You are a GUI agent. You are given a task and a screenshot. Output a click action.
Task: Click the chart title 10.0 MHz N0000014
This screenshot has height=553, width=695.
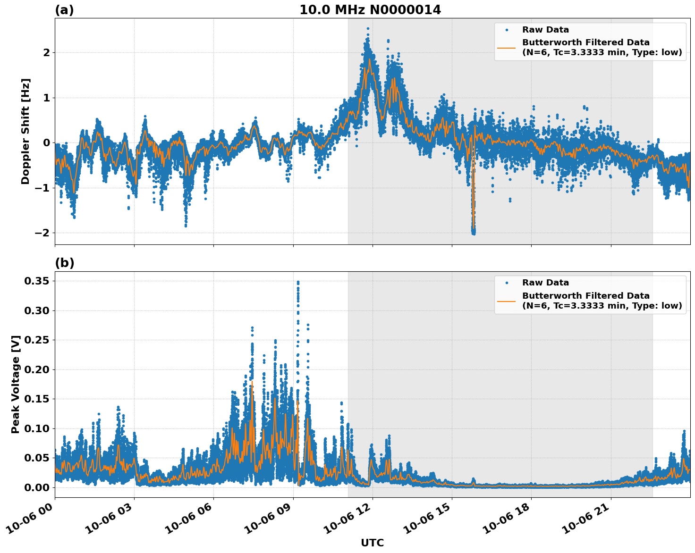pyautogui.click(x=370, y=10)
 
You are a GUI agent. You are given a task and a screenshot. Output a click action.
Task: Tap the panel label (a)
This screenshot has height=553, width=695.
pyautogui.click(x=64, y=10)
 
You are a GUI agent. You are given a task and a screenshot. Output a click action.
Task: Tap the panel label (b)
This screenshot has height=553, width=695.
pyautogui.click(x=65, y=263)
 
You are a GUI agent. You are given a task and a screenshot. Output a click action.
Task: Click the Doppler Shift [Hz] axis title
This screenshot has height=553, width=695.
pyautogui.click(x=25, y=131)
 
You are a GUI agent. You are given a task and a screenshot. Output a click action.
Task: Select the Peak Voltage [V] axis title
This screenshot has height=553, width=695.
pyautogui.click(x=16, y=385)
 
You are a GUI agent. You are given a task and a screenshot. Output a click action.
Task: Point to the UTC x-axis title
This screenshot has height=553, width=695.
pyautogui.click(x=372, y=543)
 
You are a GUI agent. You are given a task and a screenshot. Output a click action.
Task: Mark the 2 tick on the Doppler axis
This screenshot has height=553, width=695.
pyautogui.click(x=46, y=52)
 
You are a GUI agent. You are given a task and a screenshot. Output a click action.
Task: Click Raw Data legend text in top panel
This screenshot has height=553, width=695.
pyautogui.click(x=545, y=30)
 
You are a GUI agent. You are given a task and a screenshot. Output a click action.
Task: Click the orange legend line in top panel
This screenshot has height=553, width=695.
pyautogui.click(x=506, y=47)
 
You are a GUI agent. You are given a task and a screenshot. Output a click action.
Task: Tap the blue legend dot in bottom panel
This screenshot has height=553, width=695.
pyautogui.click(x=506, y=283)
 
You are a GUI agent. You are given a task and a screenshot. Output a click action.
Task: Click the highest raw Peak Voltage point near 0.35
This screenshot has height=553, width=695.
pyautogui.click(x=298, y=282)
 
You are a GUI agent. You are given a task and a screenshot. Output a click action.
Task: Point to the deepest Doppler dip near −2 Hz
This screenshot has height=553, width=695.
pyautogui.click(x=473, y=232)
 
